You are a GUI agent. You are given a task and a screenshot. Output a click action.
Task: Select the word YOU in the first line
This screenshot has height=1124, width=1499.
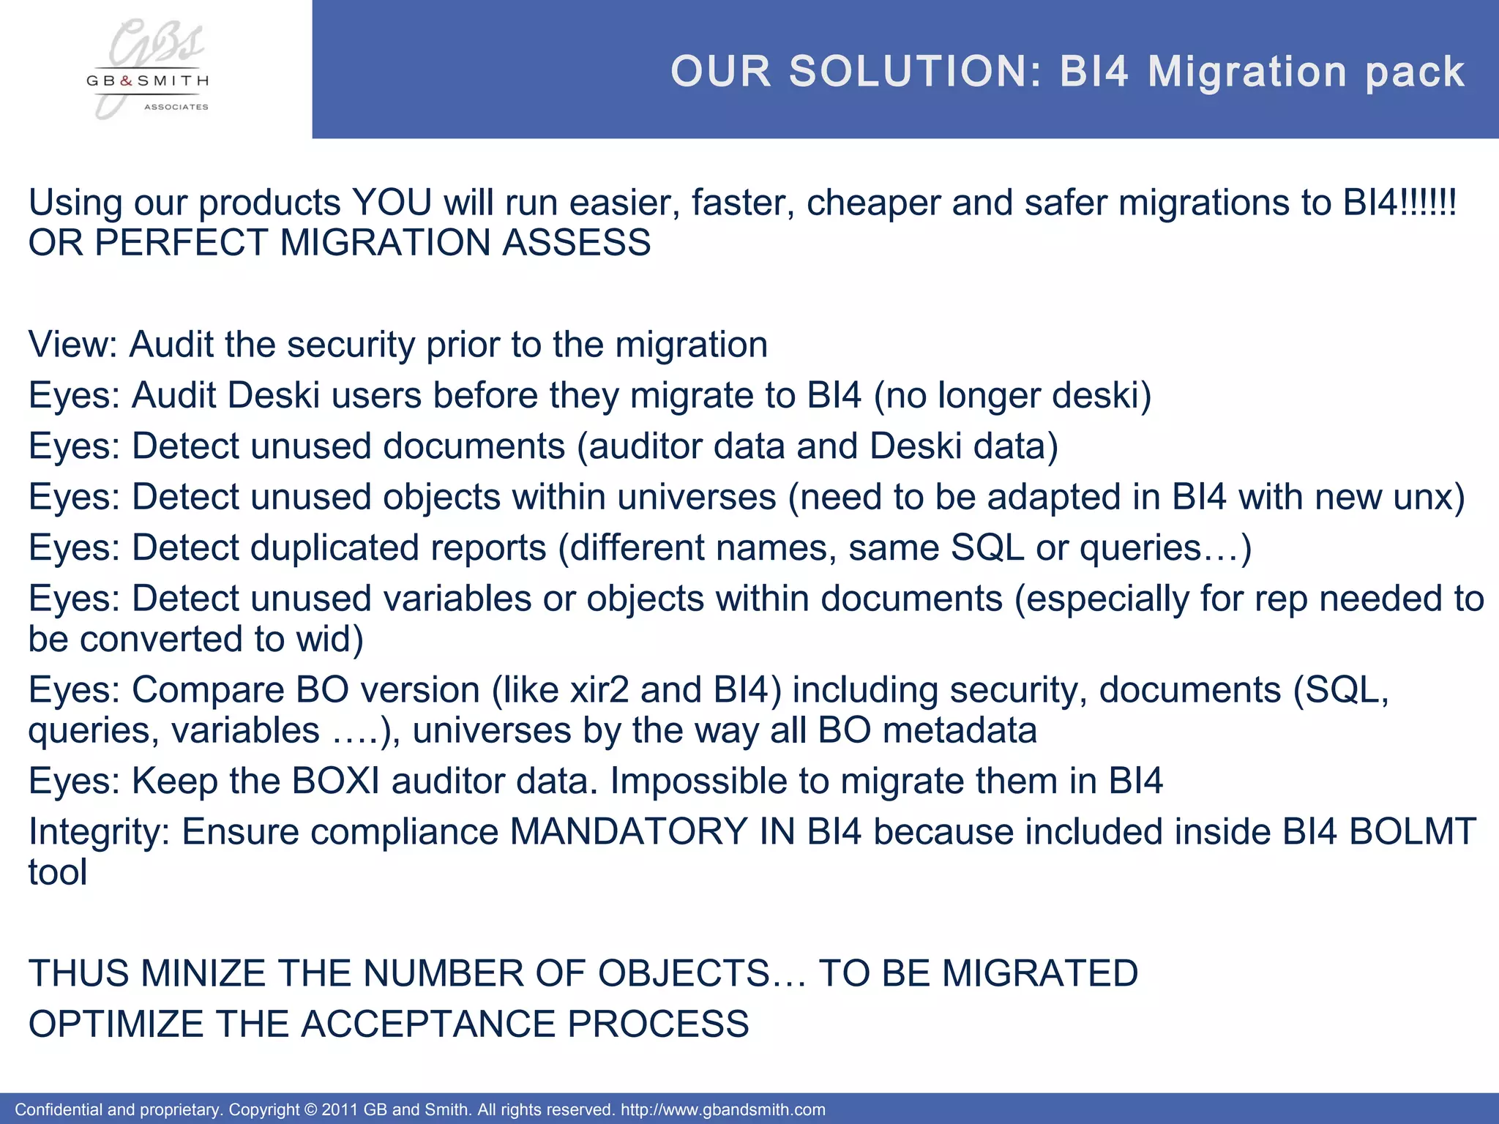392,203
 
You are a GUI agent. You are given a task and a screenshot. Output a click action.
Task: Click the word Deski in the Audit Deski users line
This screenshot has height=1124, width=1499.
274,396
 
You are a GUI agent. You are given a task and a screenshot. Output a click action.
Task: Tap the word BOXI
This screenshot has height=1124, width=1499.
336,782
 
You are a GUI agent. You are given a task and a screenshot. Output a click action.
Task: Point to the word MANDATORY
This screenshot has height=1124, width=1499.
628,832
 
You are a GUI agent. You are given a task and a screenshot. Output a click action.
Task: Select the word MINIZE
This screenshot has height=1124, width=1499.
203,974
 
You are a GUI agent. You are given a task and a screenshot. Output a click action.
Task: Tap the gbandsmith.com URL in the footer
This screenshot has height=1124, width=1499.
722,1110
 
